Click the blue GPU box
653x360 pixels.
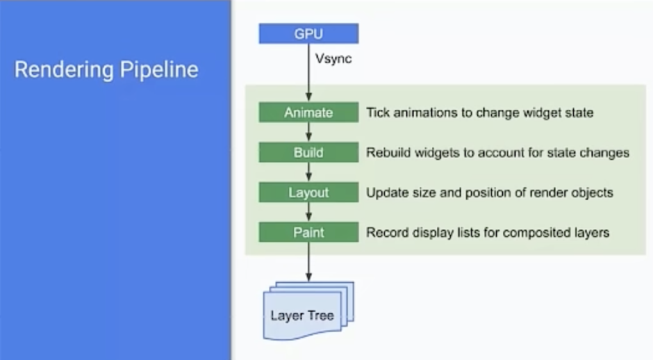[x=308, y=33]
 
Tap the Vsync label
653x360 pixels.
[x=333, y=59]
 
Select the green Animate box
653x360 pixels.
[x=308, y=112]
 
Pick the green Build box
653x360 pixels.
[x=308, y=152]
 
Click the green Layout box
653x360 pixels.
[x=308, y=192]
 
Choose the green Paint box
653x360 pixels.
[x=308, y=232]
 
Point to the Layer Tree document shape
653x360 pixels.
[x=308, y=311]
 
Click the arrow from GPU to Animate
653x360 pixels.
[x=308, y=72]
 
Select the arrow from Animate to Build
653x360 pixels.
[x=308, y=132]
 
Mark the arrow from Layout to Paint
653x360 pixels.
[x=308, y=212]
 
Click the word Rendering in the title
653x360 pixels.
[x=64, y=69]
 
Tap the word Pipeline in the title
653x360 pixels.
[x=159, y=69]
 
